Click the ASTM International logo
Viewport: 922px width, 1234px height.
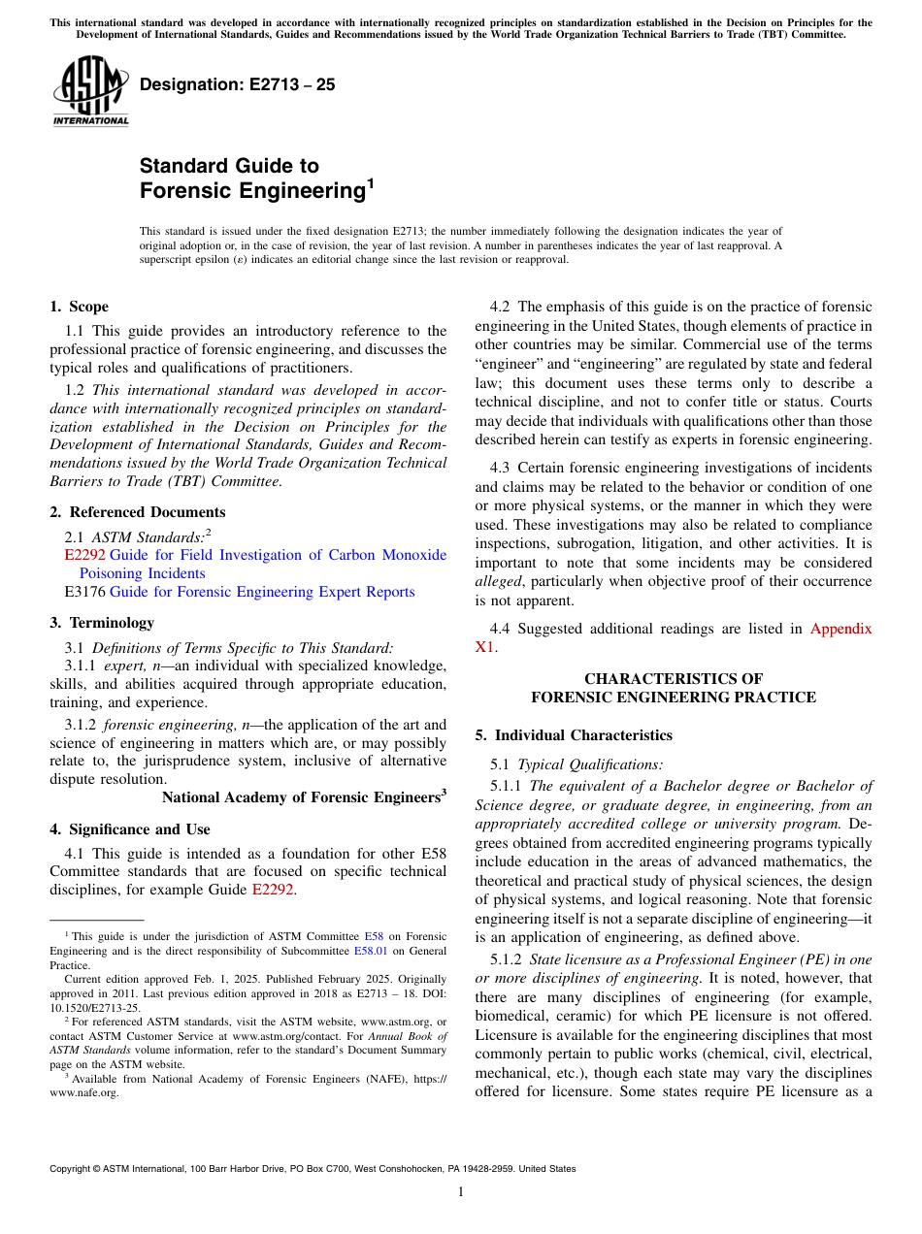[90, 91]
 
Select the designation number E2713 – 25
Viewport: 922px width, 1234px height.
[238, 84]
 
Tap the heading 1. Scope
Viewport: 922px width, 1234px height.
[80, 308]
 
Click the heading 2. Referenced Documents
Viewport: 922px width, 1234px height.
[138, 512]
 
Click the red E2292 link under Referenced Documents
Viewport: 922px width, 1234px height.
[84, 555]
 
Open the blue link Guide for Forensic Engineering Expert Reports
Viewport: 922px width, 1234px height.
[262, 592]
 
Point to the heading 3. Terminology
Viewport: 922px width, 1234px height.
[102, 623]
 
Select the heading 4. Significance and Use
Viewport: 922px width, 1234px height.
[130, 829]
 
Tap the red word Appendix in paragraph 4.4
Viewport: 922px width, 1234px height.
[840, 629]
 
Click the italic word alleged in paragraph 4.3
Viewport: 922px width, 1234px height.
[498, 581]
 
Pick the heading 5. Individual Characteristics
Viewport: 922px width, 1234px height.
[574, 735]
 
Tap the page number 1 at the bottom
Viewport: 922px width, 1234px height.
[461, 1192]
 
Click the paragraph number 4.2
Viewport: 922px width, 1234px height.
[500, 308]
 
